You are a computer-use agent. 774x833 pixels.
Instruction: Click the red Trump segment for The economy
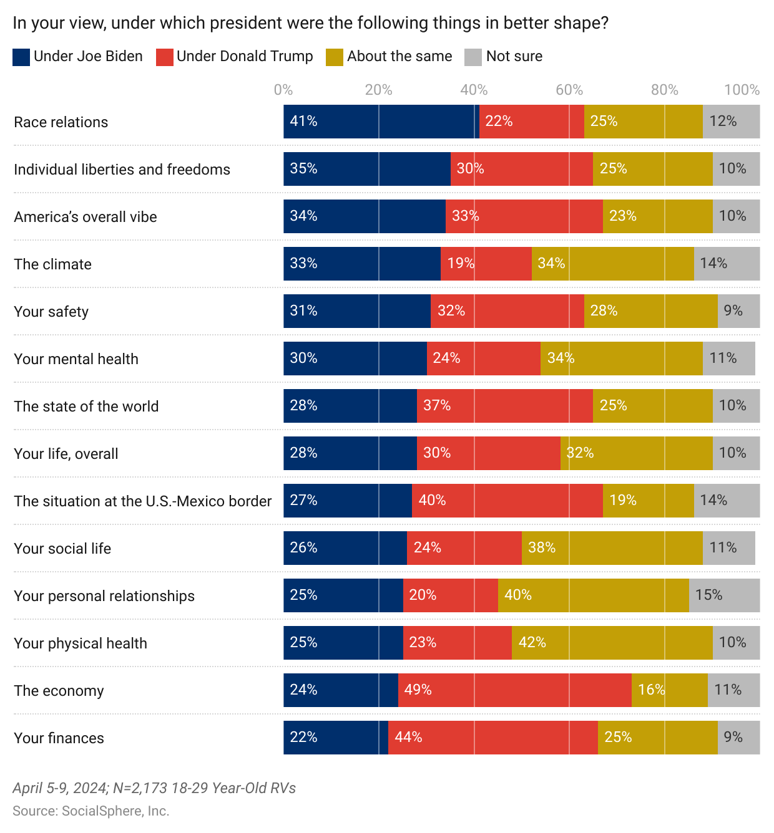click(514, 690)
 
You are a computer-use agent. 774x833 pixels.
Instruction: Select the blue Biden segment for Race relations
click(381, 122)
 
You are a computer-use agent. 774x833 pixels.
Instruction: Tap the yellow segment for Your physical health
click(612, 643)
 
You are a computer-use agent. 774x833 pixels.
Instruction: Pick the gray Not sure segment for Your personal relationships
click(724, 595)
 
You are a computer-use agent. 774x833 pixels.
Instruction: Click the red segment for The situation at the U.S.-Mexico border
click(507, 501)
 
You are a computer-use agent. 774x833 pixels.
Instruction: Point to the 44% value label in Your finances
click(409, 737)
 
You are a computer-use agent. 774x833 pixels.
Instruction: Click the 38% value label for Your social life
click(542, 547)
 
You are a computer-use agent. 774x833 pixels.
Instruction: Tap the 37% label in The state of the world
click(437, 405)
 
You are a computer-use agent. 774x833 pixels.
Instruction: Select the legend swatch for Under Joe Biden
click(21, 57)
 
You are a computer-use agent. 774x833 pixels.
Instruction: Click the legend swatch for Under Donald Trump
click(164, 57)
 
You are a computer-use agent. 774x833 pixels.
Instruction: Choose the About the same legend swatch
click(335, 57)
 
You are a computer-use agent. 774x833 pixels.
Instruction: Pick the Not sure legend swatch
click(473, 57)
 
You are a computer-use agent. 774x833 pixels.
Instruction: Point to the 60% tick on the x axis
click(569, 90)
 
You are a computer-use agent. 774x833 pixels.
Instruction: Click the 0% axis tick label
click(283, 90)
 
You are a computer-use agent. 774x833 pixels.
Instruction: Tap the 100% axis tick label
click(742, 90)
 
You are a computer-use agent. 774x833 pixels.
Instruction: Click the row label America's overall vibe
click(86, 217)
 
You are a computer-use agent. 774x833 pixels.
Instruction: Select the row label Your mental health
click(76, 359)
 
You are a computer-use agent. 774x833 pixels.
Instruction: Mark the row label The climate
click(53, 264)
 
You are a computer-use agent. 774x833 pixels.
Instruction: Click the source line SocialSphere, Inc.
click(91, 811)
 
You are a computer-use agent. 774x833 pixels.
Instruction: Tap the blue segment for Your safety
click(357, 311)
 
